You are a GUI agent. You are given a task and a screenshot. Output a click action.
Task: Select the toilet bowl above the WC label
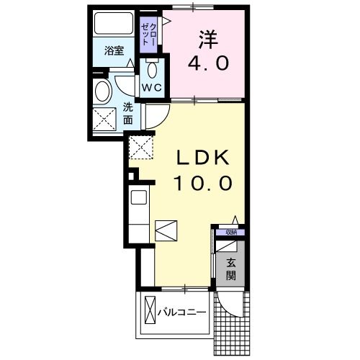tap(152, 70)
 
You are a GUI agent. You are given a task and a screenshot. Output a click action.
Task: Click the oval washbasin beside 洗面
tap(103, 91)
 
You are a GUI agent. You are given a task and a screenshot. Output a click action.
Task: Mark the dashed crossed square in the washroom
tap(107, 118)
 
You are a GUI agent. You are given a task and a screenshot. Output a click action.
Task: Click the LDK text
tap(202, 157)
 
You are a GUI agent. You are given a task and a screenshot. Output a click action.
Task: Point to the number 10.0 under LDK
tap(202, 183)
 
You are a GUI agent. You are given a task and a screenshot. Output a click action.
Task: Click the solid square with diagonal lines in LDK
tap(166, 230)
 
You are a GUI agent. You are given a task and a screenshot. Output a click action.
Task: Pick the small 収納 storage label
tap(230, 232)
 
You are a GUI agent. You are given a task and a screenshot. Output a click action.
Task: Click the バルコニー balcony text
tap(183, 311)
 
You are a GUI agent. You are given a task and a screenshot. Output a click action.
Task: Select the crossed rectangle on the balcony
tap(150, 311)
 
